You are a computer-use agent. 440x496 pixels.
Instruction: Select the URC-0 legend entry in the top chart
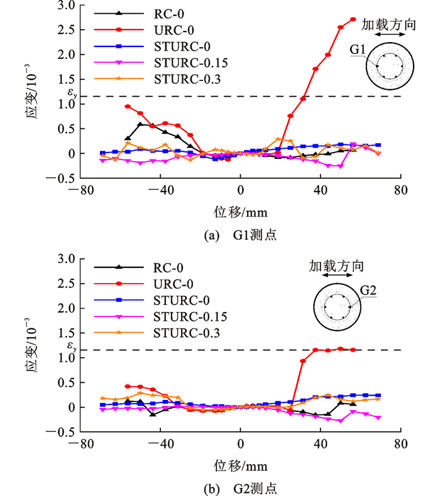click(160, 29)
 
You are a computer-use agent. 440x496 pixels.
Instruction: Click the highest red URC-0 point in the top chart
click(353, 19)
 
